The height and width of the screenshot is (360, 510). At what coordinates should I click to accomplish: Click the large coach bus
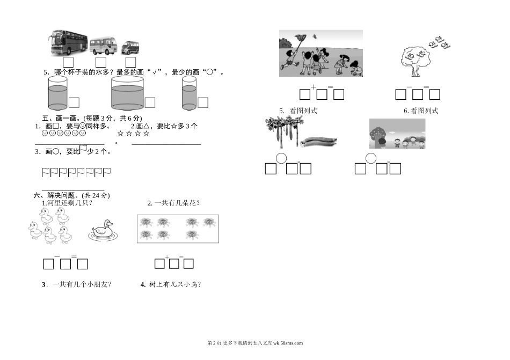[69, 42]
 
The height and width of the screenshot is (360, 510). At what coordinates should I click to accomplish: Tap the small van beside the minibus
[130, 48]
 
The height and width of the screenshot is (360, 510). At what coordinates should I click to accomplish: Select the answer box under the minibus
[101, 62]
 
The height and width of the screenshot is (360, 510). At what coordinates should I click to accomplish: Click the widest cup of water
[127, 93]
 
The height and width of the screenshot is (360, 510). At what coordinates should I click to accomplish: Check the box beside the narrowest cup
[203, 102]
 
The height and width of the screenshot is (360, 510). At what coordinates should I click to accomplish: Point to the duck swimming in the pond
[103, 231]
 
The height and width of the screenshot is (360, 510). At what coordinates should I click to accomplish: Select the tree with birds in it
[416, 61]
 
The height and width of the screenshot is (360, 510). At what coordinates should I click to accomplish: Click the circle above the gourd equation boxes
[281, 158]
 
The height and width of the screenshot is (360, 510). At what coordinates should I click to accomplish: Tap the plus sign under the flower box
[167, 258]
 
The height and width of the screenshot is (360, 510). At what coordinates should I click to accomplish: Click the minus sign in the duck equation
[57, 256]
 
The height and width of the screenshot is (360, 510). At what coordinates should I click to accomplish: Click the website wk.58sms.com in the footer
[288, 343]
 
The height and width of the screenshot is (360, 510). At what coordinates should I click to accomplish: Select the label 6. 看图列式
[421, 111]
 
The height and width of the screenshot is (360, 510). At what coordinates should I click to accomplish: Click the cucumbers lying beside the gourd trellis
[319, 142]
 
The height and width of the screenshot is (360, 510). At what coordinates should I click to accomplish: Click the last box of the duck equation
[82, 264]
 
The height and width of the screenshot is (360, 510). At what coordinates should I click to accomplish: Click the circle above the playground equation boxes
[371, 158]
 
